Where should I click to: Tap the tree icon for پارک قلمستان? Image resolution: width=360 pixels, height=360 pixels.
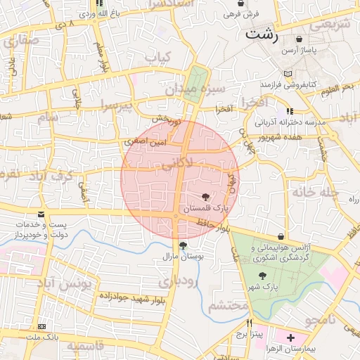tap(205, 198)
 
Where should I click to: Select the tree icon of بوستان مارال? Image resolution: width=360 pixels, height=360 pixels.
tap(184, 246)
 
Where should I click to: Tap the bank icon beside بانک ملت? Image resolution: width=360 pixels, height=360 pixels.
tap(42, 328)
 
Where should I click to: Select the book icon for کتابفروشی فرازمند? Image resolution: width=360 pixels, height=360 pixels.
tap(287, 74)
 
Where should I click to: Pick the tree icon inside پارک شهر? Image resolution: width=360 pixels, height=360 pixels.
tap(262, 276)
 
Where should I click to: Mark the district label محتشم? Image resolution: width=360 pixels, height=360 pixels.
tap(229, 306)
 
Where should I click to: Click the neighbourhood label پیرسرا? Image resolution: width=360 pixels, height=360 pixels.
tap(115, 105)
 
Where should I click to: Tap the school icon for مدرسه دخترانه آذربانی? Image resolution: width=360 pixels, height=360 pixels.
tap(289, 112)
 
